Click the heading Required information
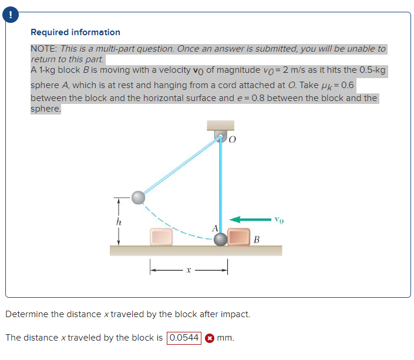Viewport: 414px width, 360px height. [x=75, y=32]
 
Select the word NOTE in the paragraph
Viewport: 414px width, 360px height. [x=42, y=49]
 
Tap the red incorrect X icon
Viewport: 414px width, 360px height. [x=208, y=338]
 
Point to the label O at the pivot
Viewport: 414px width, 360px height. [x=232, y=140]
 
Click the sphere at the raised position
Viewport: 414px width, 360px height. [x=138, y=197]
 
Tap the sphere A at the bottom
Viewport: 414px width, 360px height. [x=220, y=238]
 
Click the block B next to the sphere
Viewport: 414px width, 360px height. [x=239, y=237]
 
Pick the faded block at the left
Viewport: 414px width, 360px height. [x=161, y=237]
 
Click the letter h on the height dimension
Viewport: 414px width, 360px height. [x=119, y=222]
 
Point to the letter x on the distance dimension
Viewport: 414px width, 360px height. [x=188, y=271]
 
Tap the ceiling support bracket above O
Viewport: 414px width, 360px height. [x=220, y=125]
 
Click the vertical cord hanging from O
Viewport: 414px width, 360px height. [x=220, y=188]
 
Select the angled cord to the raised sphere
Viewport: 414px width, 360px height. [x=179, y=167]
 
